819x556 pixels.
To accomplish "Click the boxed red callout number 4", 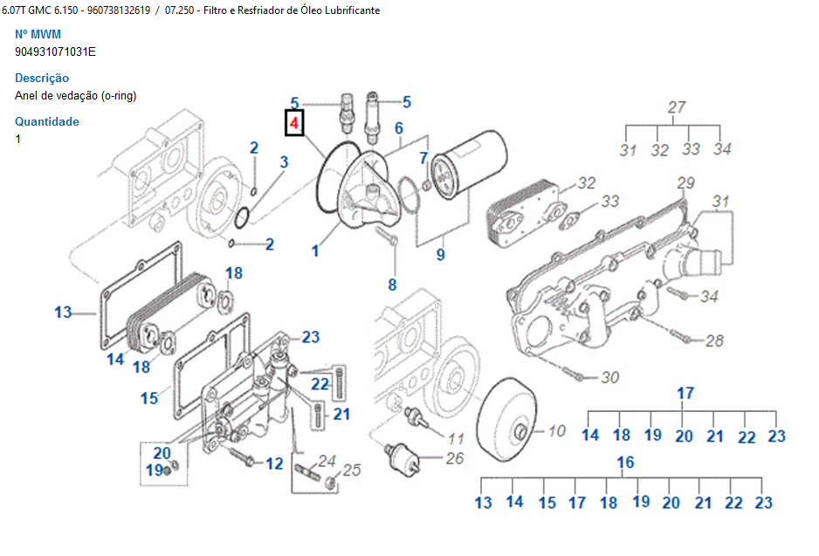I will pos(295,125).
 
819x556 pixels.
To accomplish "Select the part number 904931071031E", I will pos(56,51).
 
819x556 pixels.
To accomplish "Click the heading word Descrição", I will pos(42,78).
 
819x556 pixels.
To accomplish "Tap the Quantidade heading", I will pos(47,121).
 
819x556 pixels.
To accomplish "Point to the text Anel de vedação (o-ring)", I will pos(76,95).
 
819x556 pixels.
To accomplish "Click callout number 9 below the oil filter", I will pos(441,255).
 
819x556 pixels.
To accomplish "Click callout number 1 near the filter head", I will pos(315,251).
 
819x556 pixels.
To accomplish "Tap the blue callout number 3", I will pos(284,161).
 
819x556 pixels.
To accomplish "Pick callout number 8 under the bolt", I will pos(392,285).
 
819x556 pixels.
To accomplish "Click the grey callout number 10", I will pos(556,430).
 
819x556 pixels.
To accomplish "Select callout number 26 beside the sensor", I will pos(454,458).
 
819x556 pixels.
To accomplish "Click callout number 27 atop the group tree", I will pos(677,107).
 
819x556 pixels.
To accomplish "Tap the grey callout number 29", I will pos(685,183).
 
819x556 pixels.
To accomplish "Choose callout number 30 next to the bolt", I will pos(610,378).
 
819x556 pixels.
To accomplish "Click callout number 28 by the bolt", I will pos(714,340).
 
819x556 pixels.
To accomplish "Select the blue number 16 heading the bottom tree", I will pos(625,463).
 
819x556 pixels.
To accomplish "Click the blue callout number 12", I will pos(274,463).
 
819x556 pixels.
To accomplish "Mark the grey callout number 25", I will pos(351,470).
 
